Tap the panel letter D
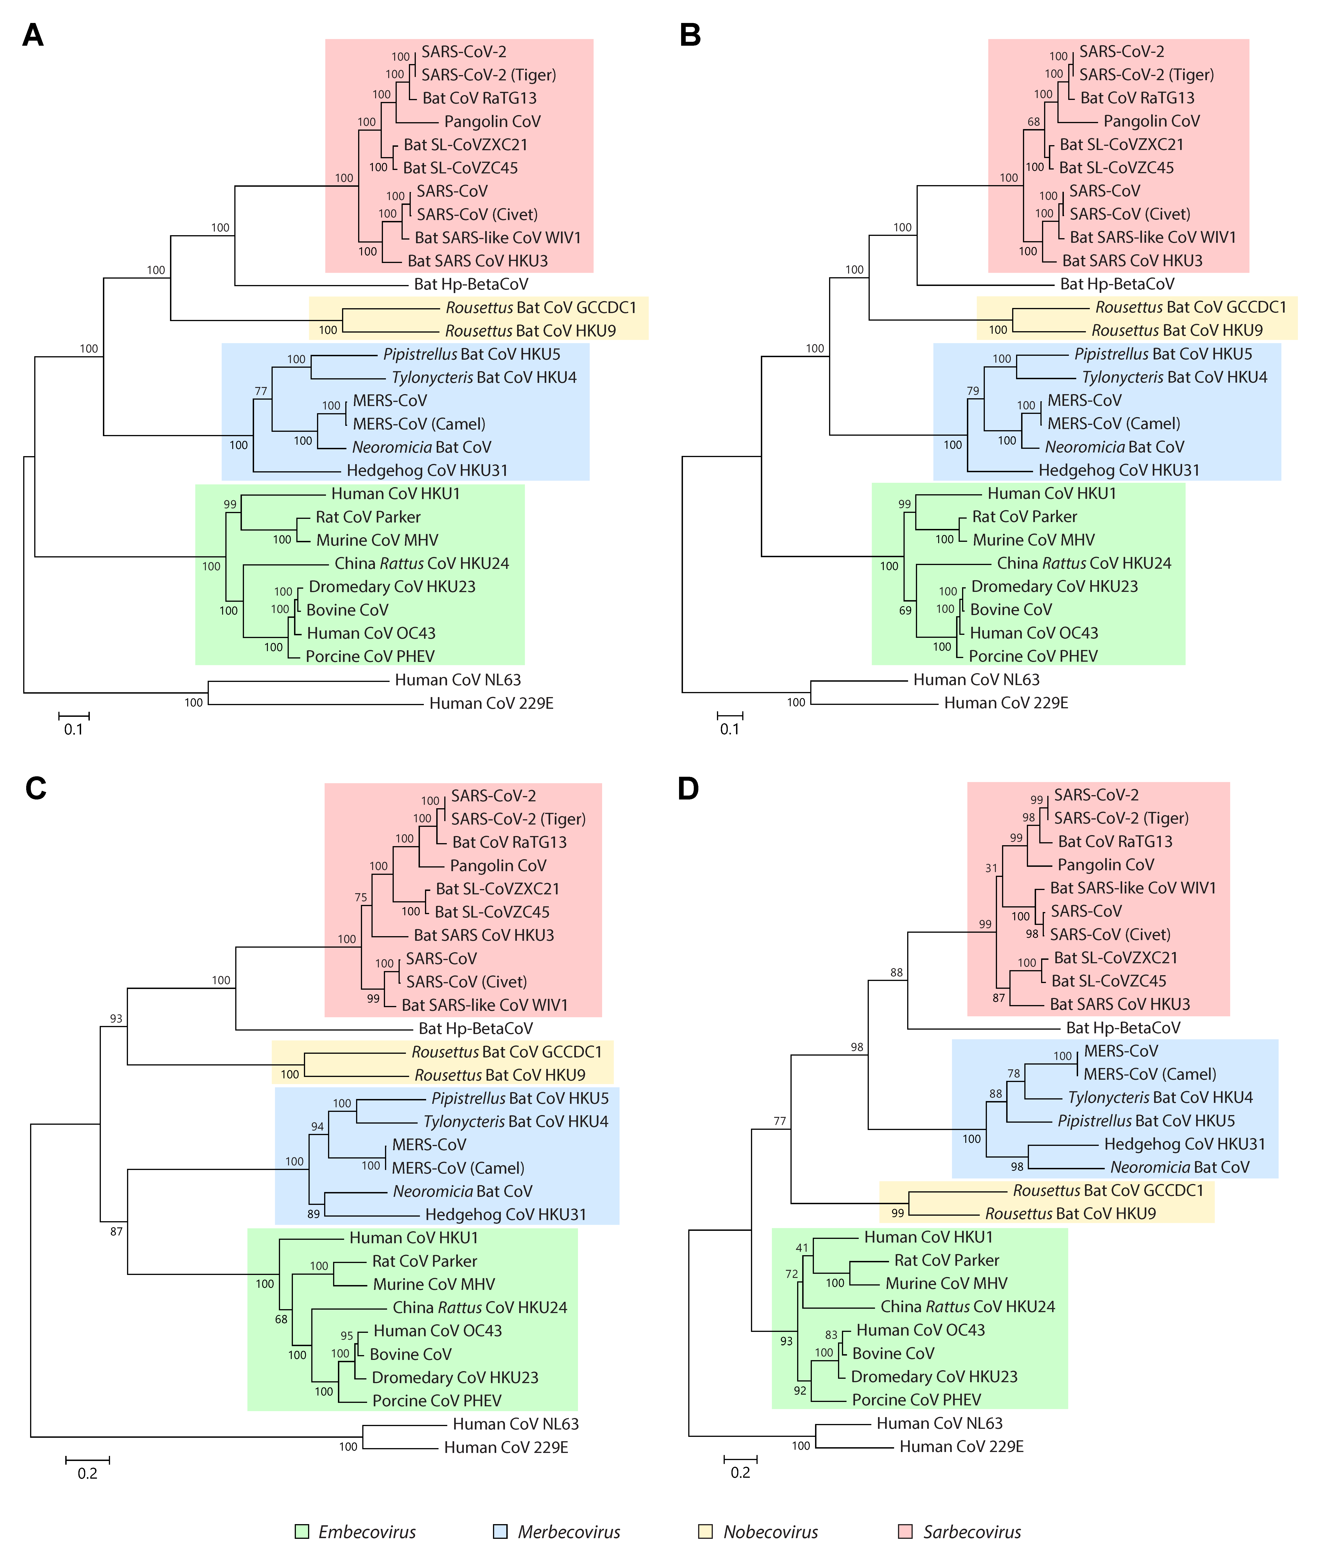pos(688,788)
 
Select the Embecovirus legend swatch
pos(302,1531)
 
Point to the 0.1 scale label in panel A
pos(73,729)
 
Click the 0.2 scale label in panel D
pos(740,1472)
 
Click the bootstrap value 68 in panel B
pos(1033,122)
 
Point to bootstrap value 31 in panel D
pos(991,868)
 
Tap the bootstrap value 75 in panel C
pos(361,898)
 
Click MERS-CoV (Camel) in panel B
pos(1113,423)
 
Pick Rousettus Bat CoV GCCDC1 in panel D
pos(1108,1190)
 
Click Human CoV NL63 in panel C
pos(515,1424)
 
